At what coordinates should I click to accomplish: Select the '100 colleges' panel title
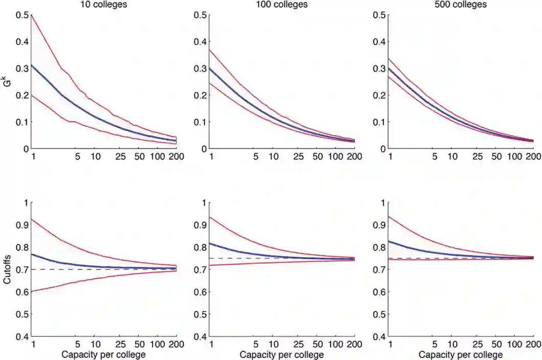click(x=282, y=5)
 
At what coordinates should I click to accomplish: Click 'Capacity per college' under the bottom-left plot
click(x=104, y=354)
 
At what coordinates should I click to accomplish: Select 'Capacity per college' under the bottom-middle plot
click(x=282, y=354)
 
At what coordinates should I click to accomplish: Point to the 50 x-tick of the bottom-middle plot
click(x=318, y=345)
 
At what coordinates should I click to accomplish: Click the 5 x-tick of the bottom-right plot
click(x=435, y=345)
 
